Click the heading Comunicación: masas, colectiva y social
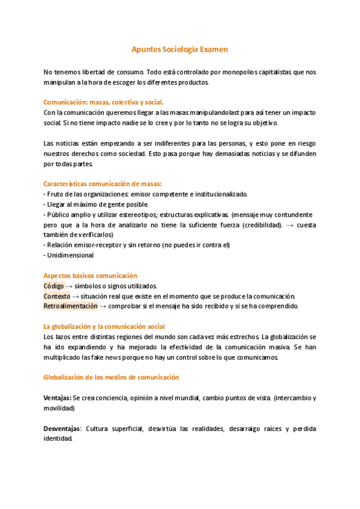point(103,102)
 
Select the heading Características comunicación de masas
point(103,184)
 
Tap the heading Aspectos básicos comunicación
point(91,276)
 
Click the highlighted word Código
point(53,286)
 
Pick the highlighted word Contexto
point(56,296)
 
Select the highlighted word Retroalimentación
point(70,306)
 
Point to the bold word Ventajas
point(57,398)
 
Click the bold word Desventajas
point(62,429)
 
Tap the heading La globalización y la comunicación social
point(104,327)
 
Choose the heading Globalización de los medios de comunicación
point(112,378)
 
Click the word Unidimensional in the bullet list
point(71,255)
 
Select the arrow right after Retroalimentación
point(103,307)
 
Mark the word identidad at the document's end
point(58,439)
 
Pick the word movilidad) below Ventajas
point(59,408)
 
